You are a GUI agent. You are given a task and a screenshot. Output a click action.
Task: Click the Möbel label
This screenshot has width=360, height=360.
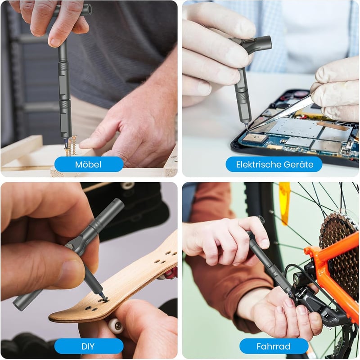(x=89, y=164)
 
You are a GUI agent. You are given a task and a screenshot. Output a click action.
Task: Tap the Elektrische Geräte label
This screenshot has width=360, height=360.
(x=274, y=164)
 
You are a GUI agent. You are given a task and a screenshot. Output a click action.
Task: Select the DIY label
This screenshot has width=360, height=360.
(x=89, y=346)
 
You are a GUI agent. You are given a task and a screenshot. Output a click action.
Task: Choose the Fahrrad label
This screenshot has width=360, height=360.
(x=274, y=346)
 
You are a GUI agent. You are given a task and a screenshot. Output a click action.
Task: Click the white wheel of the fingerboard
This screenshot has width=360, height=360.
(x=116, y=325)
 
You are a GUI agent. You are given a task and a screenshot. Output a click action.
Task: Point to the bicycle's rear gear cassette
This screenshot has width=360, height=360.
(x=339, y=252)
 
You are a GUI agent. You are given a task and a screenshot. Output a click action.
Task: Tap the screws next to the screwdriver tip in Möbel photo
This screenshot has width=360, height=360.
(x=72, y=145)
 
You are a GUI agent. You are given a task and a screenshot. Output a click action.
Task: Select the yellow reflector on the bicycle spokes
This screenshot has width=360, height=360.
(x=285, y=203)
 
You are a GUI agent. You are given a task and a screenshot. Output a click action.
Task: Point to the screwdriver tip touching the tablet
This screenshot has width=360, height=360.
(x=247, y=126)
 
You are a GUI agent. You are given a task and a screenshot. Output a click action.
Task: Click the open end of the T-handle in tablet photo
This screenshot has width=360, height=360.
(x=268, y=43)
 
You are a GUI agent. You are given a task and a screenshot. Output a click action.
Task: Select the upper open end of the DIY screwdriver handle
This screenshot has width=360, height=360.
(x=118, y=203)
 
